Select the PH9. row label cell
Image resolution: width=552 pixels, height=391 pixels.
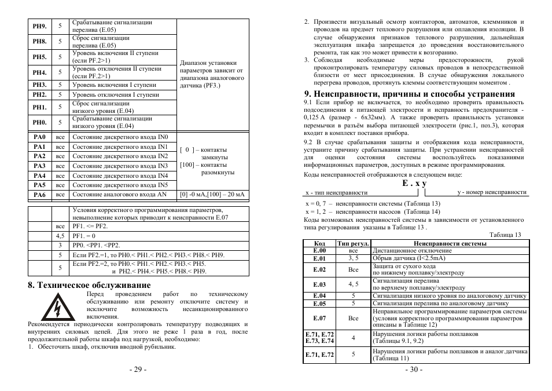pos(39,26)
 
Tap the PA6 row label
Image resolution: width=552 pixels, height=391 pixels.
pos(39,195)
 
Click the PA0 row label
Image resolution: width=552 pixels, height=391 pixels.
pos(39,137)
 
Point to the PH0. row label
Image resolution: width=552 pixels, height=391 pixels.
pos(39,122)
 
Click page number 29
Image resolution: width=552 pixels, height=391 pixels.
pos(138,370)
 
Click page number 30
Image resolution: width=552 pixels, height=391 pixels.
pos(414,370)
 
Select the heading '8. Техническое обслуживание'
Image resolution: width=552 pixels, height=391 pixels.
pos(89,285)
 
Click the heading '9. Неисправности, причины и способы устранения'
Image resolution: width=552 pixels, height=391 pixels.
pos(409,94)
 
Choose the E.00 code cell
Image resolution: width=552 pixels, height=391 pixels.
pos(319,251)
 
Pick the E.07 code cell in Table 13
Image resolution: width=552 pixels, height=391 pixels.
pos(319,318)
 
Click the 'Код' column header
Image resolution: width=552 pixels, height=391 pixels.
pos(319,244)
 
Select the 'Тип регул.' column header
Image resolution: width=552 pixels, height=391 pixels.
pos(353,244)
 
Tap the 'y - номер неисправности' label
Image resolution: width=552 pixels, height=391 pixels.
pos(492,192)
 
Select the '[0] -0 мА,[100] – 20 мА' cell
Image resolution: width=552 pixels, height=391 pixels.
pos(212,195)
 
